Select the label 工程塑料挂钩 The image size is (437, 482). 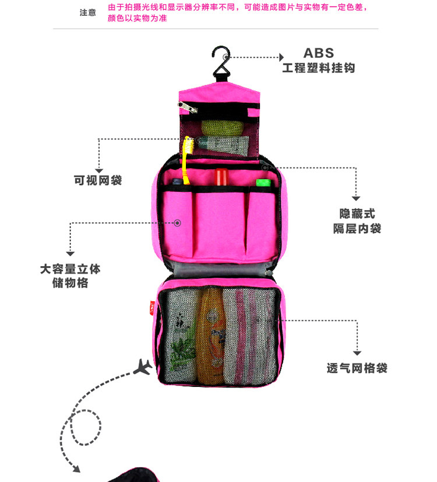pos(318,68)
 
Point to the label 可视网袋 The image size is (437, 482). pos(98,180)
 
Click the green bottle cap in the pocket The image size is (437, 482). pos(263,182)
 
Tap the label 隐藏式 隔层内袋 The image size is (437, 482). pos(357,221)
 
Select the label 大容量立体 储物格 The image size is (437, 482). pos(70,276)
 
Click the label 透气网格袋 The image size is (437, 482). pos(357,368)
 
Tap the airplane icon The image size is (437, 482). pos(143,366)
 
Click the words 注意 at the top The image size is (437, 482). pos(87,12)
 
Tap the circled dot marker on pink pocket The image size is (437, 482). pos(178,222)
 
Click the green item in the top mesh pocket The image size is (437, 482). pos(217,127)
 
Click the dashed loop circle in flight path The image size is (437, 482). pos(86,425)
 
